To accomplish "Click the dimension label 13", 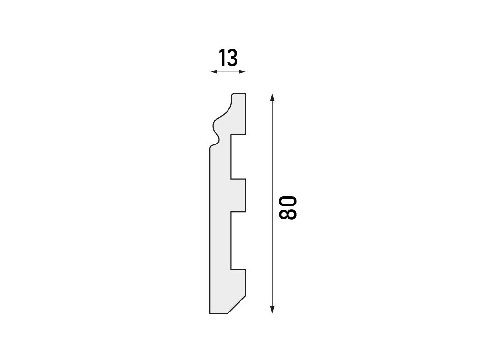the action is point(228,58).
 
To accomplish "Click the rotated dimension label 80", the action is point(288,208).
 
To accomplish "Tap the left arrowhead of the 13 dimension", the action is point(214,72).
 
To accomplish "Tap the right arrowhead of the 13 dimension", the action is point(242,72).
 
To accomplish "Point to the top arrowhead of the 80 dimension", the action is point(272,97).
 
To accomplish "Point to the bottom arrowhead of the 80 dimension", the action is point(272,310).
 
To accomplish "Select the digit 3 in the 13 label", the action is point(232,58).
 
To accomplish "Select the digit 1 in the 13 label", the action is point(222,58).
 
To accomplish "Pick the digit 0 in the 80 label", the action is point(288,202).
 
